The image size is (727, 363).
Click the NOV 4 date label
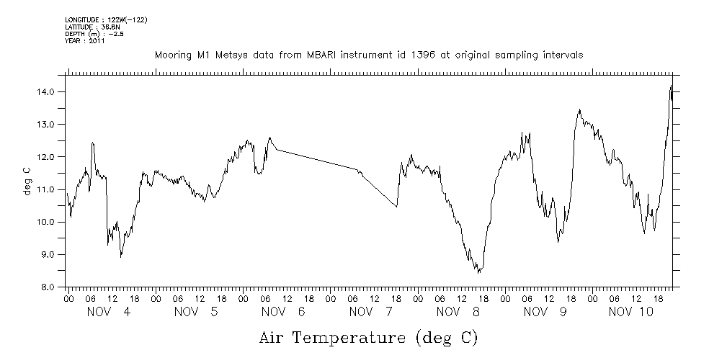[109, 312]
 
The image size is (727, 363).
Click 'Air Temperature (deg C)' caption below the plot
[369, 337]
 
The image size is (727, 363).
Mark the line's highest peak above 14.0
[671, 86]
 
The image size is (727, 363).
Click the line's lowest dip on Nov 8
[478, 273]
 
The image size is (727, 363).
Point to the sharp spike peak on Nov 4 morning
[92, 143]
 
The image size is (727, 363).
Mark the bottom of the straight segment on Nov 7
[397, 207]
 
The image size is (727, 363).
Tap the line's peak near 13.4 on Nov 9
[579, 110]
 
